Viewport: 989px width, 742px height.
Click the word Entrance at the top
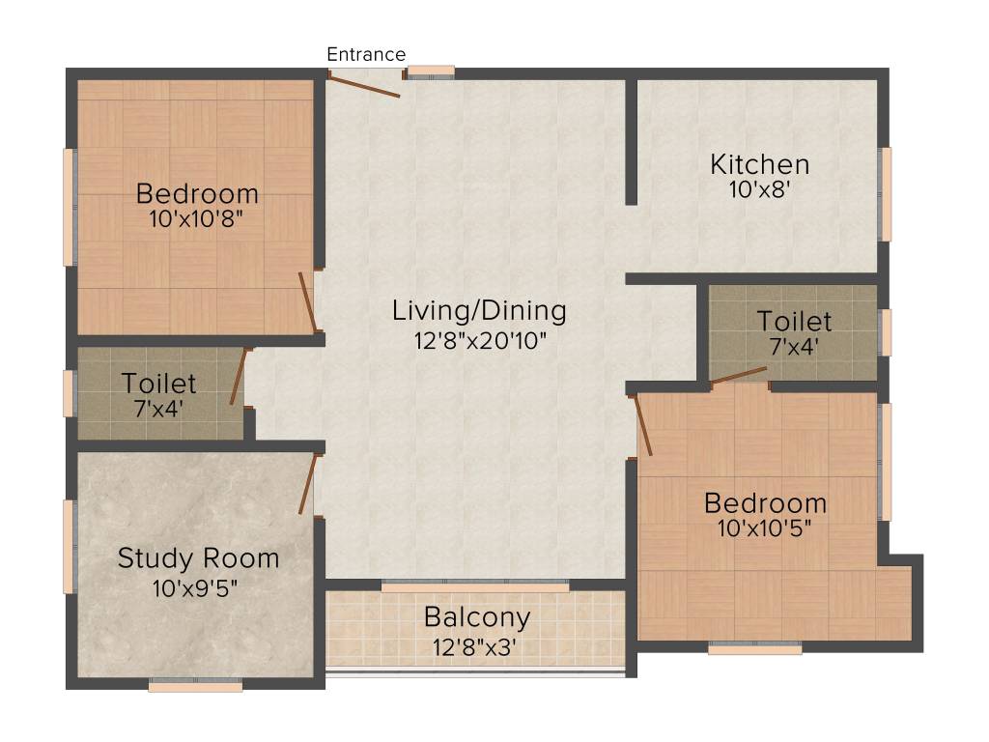(366, 54)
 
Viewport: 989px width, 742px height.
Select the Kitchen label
(759, 164)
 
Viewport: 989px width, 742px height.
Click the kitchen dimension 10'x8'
(760, 189)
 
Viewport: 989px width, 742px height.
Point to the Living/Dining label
(478, 311)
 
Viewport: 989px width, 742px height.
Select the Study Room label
(198, 558)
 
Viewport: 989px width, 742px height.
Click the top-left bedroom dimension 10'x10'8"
(197, 218)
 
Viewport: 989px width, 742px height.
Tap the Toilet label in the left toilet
(159, 385)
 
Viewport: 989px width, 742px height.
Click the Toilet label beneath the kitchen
(793, 321)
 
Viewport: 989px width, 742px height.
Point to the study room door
(308, 485)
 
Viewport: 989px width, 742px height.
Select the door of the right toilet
(739, 376)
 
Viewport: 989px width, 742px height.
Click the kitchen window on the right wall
(886, 193)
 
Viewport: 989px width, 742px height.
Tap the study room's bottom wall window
(195, 685)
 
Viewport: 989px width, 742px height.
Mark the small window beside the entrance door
(430, 71)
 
